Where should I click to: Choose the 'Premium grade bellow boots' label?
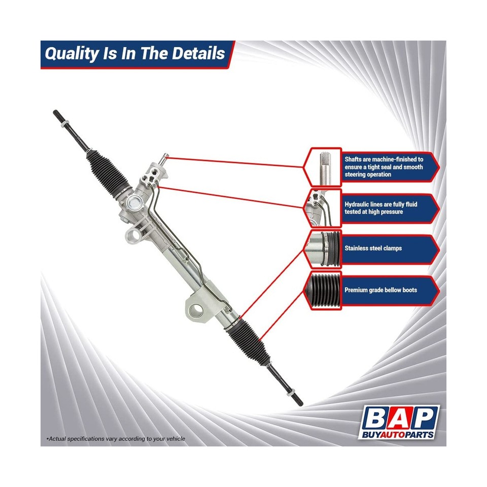coord(380,290)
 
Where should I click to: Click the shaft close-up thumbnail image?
coord(323,167)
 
